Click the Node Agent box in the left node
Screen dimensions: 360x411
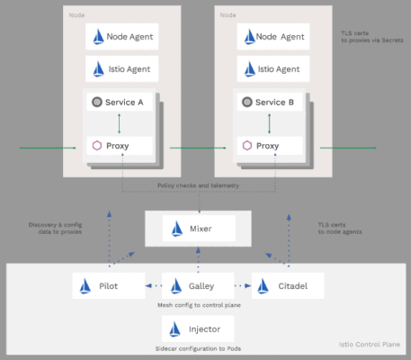(122, 37)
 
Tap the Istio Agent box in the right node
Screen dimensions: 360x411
(273, 68)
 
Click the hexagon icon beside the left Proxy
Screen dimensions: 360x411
(96, 145)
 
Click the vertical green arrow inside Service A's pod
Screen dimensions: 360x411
(119, 124)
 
